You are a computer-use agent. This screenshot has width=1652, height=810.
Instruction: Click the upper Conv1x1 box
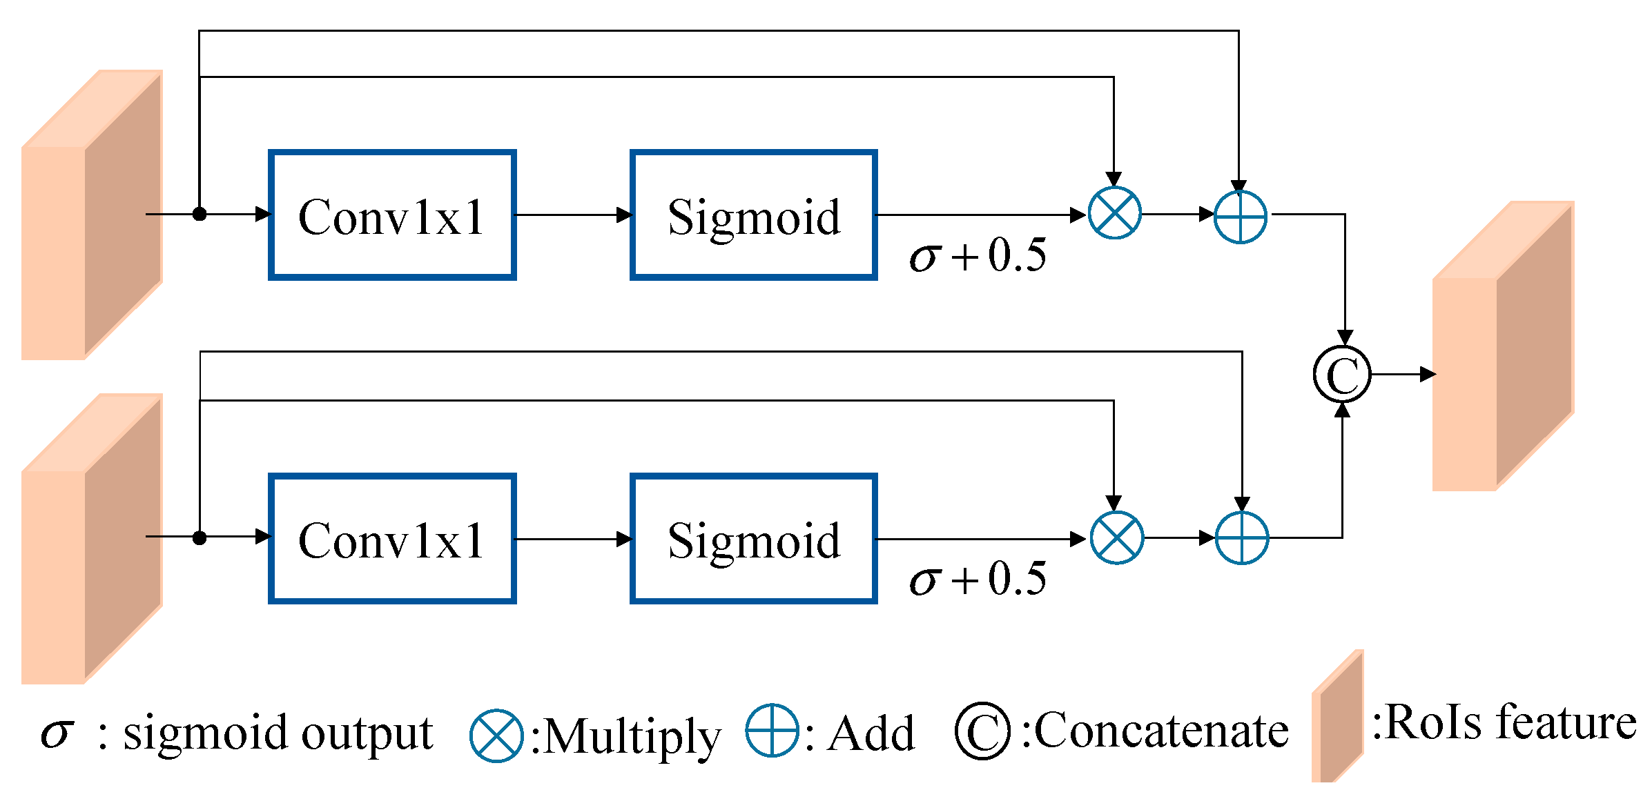[x=392, y=215]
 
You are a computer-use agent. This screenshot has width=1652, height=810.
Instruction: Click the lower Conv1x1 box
[x=392, y=539]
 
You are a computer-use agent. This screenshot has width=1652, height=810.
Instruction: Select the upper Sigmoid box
[x=753, y=215]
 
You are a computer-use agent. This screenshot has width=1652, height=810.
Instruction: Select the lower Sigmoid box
[x=753, y=539]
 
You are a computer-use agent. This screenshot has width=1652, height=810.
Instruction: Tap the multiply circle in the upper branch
[x=1114, y=213]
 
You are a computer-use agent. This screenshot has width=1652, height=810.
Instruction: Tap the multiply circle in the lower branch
[x=1116, y=537]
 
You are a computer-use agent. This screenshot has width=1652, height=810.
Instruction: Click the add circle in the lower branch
[x=1241, y=538]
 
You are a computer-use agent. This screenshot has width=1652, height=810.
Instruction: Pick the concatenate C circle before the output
[x=1342, y=375]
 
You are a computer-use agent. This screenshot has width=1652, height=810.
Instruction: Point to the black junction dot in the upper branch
[x=200, y=214]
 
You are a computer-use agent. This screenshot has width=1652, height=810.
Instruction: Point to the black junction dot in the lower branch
[x=200, y=537]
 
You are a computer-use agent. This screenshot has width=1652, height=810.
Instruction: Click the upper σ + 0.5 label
[x=977, y=255]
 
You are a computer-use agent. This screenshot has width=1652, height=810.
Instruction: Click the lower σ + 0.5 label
[x=977, y=578]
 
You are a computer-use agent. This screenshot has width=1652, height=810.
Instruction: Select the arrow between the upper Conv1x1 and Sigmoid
[x=573, y=215]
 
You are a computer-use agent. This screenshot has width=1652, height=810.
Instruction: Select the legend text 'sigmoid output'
[x=278, y=734]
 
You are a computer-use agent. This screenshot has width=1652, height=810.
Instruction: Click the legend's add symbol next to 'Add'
[x=772, y=730]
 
